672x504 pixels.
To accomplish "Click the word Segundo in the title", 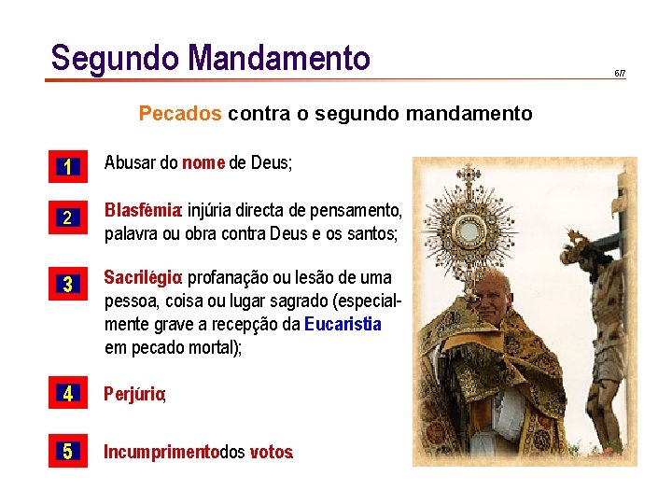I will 115,58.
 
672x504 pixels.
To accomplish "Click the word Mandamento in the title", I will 279,58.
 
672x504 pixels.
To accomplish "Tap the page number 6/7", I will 620,73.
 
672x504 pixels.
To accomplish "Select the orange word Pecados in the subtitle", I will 180,114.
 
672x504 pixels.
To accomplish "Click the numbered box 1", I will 67,167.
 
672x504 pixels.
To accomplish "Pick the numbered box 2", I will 67,218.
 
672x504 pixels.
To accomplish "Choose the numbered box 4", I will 67,394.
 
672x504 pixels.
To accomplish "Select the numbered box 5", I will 67,452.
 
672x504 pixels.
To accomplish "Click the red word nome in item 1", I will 203,163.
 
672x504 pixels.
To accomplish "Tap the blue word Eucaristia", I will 343,325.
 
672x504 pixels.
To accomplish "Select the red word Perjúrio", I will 134,395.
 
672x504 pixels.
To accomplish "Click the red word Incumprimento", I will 161,453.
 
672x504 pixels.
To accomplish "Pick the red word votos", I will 271,453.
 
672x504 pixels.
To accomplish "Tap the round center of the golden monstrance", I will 467,227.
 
